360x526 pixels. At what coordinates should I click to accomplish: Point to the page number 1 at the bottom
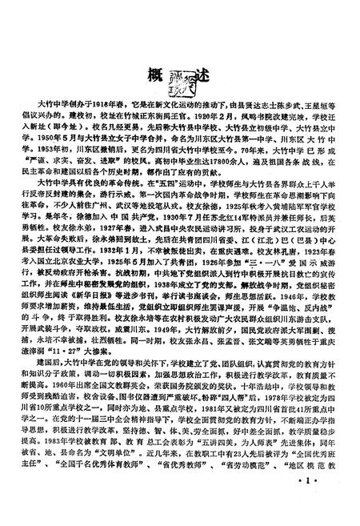point(310,504)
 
